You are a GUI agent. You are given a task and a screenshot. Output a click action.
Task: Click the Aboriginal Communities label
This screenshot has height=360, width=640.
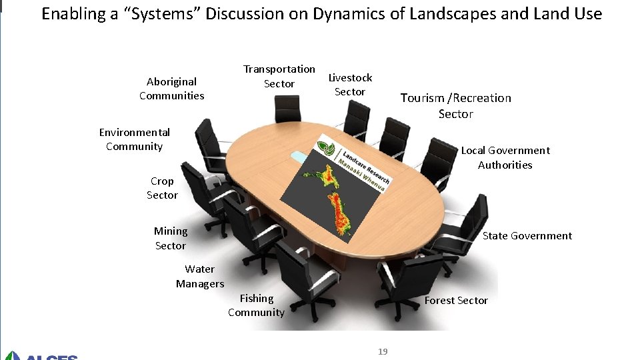tap(172, 89)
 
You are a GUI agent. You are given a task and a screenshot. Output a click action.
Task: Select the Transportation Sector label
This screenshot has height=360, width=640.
tap(279, 76)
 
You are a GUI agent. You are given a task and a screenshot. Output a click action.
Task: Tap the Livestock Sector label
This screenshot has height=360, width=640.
tap(350, 85)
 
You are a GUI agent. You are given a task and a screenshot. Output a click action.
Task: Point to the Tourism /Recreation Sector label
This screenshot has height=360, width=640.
tap(456, 106)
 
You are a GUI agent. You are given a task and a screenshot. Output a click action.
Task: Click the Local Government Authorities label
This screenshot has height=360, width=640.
tap(505, 157)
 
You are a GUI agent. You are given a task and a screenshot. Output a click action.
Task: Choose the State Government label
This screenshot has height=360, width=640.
tap(527, 235)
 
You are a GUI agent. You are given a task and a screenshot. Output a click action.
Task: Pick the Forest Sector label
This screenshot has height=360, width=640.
tap(456, 301)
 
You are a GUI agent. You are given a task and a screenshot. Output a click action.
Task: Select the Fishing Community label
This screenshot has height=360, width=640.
tap(257, 305)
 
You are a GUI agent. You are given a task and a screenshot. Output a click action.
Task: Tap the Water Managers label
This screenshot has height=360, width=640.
tap(200, 276)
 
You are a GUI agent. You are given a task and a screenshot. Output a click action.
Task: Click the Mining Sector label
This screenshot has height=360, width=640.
tap(171, 238)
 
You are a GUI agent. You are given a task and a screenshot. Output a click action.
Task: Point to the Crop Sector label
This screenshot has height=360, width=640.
tap(162, 188)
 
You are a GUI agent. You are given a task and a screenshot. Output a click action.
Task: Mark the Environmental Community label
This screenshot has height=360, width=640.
tap(134, 139)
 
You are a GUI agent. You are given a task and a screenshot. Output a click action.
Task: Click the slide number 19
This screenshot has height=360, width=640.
tap(383, 351)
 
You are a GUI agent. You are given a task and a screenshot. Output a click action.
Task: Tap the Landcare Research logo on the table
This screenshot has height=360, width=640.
tap(353, 163)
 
